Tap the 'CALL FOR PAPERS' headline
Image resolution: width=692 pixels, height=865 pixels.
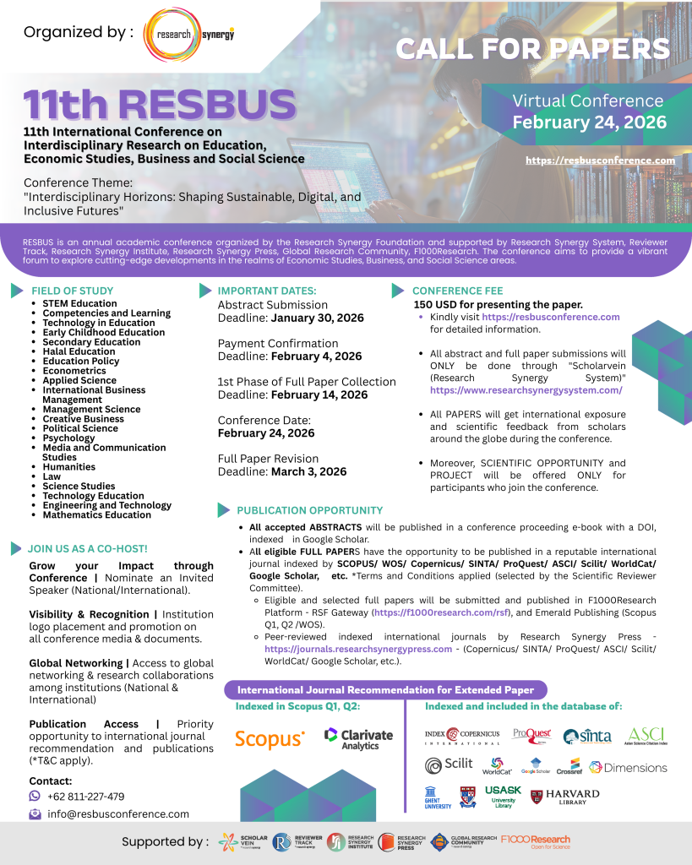(532, 49)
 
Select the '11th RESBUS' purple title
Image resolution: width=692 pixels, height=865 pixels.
(160, 105)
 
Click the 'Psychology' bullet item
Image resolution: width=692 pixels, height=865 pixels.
(68, 438)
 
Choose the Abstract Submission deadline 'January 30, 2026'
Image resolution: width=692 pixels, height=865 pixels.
(317, 318)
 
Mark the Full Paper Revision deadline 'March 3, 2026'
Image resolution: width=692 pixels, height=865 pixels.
(308, 471)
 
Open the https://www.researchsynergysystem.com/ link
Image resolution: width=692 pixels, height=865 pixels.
(526, 390)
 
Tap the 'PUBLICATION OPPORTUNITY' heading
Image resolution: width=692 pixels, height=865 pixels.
(309, 510)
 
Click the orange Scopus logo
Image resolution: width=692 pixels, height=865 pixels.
(270, 739)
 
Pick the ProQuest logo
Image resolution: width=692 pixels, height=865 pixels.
(532, 734)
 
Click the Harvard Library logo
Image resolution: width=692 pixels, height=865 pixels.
(565, 796)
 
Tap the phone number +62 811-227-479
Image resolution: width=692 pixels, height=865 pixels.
(85, 796)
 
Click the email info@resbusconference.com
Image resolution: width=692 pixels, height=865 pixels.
(117, 813)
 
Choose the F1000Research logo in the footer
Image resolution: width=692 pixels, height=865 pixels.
(535, 841)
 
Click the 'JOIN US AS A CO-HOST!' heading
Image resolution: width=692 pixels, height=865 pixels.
(87, 548)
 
